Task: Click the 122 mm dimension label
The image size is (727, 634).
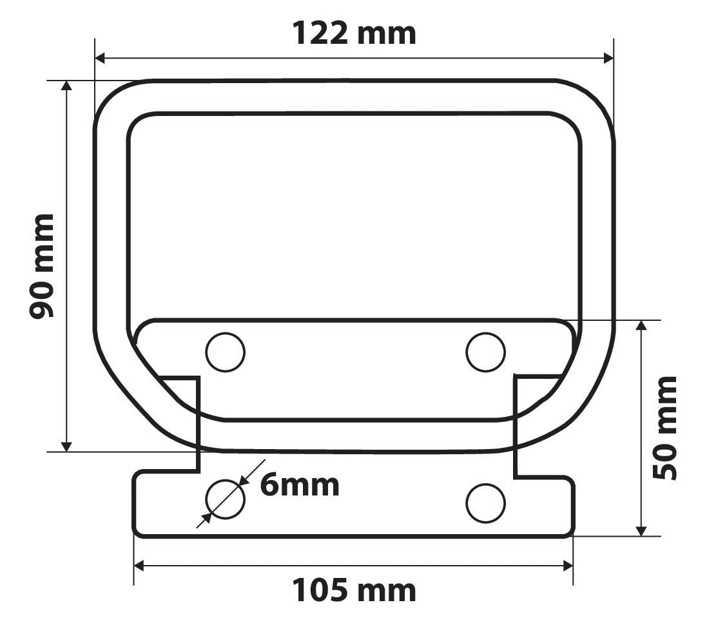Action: (x=354, y=34)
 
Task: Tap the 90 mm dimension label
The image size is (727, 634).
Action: (x=42, y=266)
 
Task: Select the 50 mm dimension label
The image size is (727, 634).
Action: (x=665, y=428)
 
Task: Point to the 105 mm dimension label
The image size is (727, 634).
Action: (x=354, y=591)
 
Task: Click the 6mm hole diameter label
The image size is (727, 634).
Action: (x=300, y=485)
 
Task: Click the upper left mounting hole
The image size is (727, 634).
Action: (x=226, y=352)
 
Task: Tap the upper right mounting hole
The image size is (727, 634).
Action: (x=485, y=352)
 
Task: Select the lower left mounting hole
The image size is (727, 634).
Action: (x=226, y=499)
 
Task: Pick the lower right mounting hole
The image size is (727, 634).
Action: (x=485, y=503)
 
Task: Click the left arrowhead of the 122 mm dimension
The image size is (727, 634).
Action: (x=100, y=59)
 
